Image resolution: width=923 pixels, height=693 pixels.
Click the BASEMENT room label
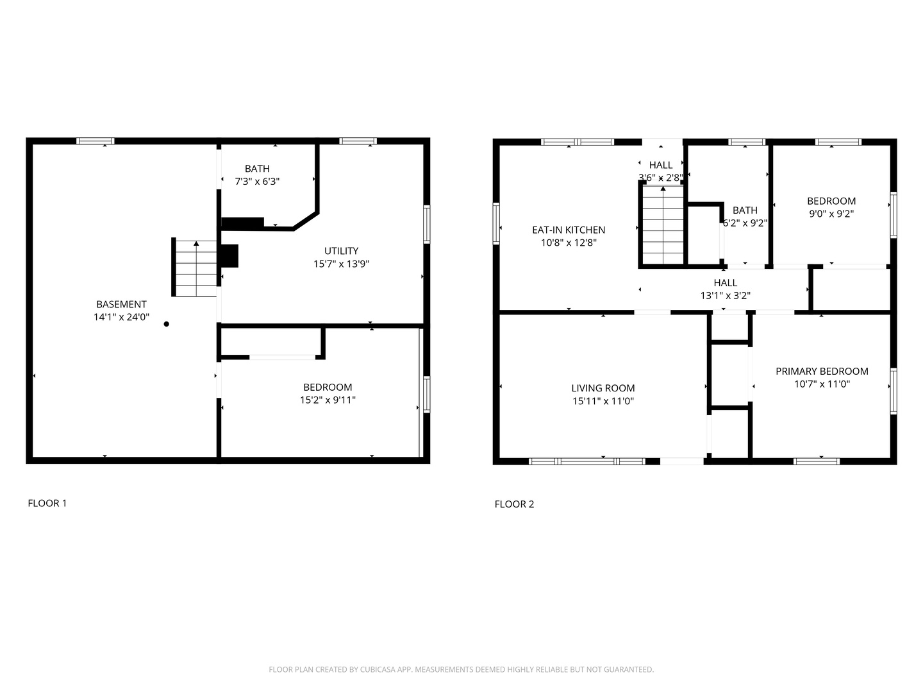tap(121, 304)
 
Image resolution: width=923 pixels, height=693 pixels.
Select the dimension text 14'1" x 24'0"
tap(121, 317)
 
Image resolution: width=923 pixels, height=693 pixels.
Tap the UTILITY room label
tap(341, 251)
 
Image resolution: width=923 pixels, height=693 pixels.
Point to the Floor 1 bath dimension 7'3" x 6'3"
tap(257, 182)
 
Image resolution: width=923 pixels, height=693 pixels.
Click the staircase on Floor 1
tap(195, 268)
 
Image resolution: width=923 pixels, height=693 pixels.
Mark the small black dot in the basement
tap(167, 324)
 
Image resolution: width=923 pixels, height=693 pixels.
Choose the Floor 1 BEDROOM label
tap(328, 387)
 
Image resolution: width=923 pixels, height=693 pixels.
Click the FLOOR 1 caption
tap(47, 503)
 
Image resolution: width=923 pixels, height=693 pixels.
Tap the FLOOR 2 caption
tap(514, 504)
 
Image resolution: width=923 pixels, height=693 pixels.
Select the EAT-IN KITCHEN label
tap(569, 230)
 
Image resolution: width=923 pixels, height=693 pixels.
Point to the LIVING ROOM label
tap(603, 388)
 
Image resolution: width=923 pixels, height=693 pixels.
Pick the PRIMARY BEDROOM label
tap(822, 371)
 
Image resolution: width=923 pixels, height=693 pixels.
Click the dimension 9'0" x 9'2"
tap(831, 214)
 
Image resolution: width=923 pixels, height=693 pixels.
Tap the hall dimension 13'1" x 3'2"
tap(725, 296)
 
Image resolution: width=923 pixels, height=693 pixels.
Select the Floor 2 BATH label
tap(745, 210)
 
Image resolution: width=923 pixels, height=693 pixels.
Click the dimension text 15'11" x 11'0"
tap(603, 401)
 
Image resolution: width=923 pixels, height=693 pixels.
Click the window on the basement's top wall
tap(96, 141)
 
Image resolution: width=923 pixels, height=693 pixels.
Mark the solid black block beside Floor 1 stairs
tap(229, 255)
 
